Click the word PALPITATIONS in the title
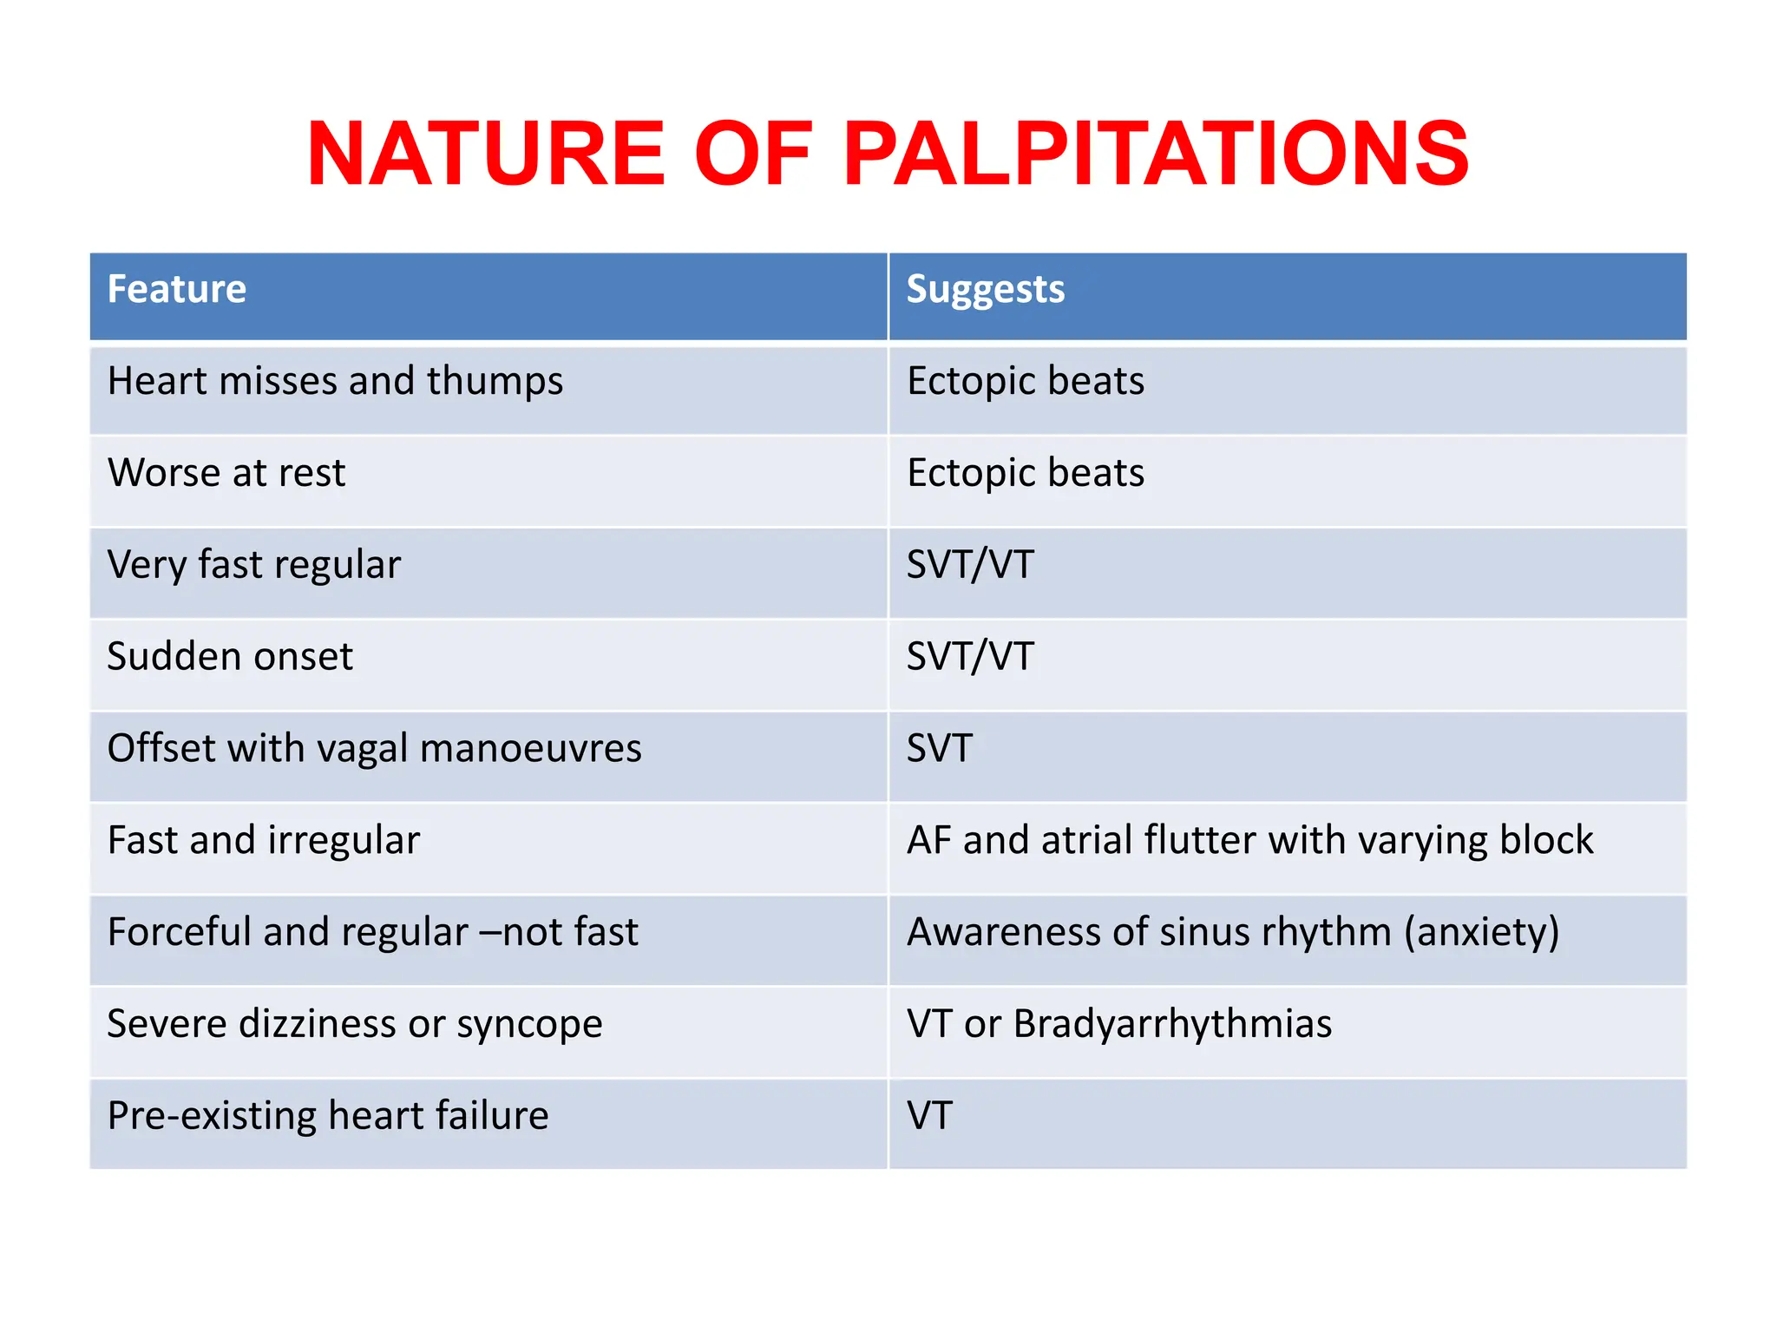pyautogui.click(x=1156, y=154)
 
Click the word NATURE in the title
pyautogui.click(x=486, y=154)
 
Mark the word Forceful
pyautogui.click(x=179, y=933)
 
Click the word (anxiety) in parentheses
pyautogui.click(x=1481, y=933)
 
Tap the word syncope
pyautogui.click(x=529, y=1025)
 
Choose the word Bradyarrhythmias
pyautogui.click(x=1172, y=1025)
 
